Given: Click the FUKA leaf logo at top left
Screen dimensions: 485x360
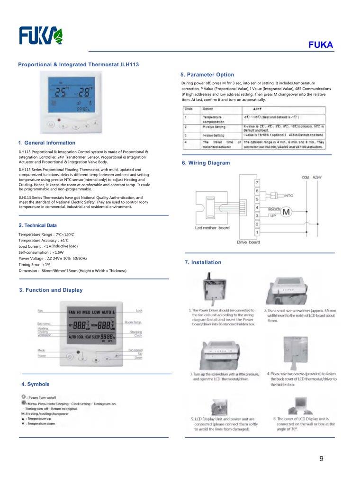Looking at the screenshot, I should (41, 36).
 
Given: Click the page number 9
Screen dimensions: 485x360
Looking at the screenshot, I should (322, 458).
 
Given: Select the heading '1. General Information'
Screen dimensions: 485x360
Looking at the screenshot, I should (46, 143).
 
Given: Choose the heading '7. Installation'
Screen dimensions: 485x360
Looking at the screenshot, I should (203, 262).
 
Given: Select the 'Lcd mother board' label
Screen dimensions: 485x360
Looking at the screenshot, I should (212, 227).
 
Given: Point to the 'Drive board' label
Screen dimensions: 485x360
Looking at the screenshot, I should (248, 242).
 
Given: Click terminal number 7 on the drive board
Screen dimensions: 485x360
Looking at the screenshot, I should (257, 182).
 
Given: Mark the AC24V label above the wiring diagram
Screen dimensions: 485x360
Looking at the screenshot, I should (321, 177).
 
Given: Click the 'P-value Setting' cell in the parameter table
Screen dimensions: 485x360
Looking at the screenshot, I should (214, 127).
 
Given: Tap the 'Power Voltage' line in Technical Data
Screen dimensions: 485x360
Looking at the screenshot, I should (53, 258).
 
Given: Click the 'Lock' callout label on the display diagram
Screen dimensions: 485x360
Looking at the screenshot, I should (139, 310).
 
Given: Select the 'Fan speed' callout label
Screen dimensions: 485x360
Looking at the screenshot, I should (135, 350).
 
